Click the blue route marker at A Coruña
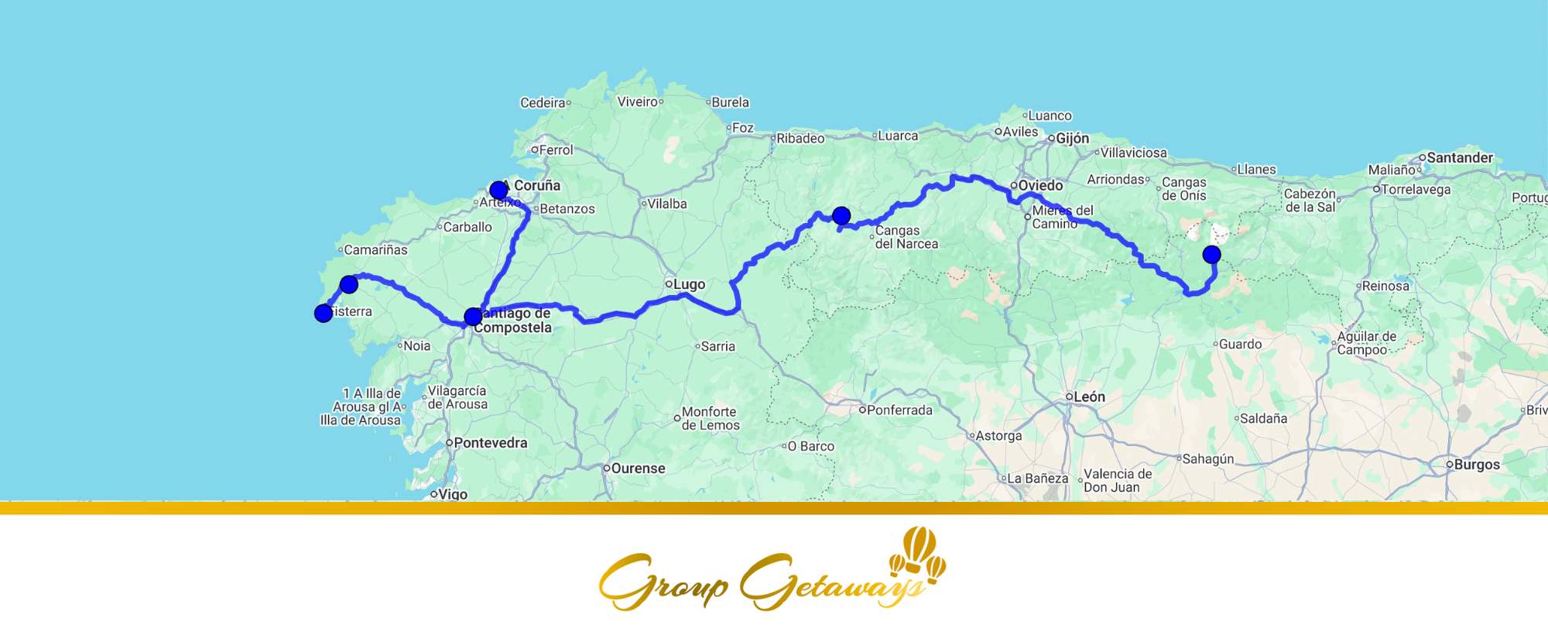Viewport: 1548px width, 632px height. pyautogui.click(x=498, y=190)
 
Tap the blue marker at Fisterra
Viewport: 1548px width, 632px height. pyautogui.click(x=324, y=313)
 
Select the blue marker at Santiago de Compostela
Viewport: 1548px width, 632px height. pyautogui.click(x=473, y=316)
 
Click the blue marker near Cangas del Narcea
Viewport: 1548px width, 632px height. pyautogui.click(x=841, y=215)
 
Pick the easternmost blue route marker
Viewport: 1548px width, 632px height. pyautogui.click(x=1211, y=254)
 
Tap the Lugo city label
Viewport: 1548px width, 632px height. pyautogui.click(x=688, y=284)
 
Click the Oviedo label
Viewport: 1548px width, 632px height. pyautogui.click(x=1039, y=185)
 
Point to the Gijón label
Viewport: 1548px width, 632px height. pyautogui.click(x=1072, y=139)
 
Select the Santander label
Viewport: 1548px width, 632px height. pyautogui.click(x=1459, y=157)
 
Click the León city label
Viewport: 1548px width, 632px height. pyautogui.click(x=1088, y=397)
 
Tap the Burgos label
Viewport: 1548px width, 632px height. pyautogui.click(x=1476, y=465)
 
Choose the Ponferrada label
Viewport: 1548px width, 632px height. pyautogui.click(x=899, y=410)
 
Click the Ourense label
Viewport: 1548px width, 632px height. pyautogui.click(x=637, y=469)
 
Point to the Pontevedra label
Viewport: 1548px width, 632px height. pyautogui.click(x=490, y=443)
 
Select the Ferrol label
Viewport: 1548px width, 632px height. pyautogui.click(x=555, y=149)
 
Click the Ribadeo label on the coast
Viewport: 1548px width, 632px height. pyautogui.click(x=800, y=138)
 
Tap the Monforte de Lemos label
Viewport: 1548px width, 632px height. pyautogui.click(x=710, y=418)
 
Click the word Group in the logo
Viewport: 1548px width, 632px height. pyautogui.click(x=663, y=582)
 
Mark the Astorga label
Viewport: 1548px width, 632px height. pyautogui.click(x=998, y=435)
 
